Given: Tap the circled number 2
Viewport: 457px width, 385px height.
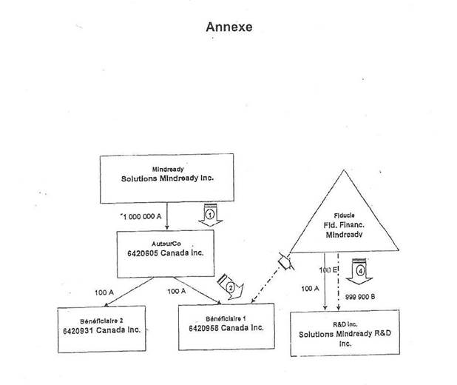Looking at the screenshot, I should pyautogui.click(x=231, y=287).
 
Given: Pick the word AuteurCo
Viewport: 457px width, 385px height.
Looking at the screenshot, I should pyautogui.click(x=165, y=241).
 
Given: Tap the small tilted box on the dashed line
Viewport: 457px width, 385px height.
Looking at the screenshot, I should pyautogui.click(x=282, y=261).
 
